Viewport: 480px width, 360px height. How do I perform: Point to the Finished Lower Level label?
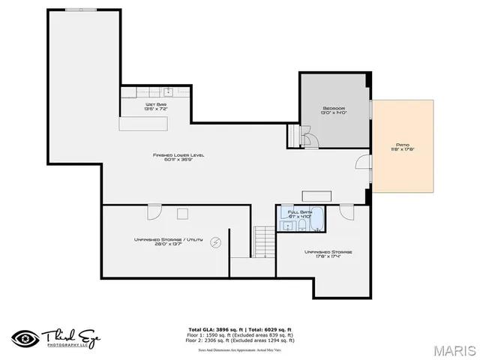(178, 155)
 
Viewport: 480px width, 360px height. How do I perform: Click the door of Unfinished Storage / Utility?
(154, 211)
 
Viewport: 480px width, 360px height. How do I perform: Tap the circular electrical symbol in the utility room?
(216, 242)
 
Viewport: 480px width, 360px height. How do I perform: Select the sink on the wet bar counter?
(168, 91)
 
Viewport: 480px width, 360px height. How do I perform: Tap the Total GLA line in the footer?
(239, 328)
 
